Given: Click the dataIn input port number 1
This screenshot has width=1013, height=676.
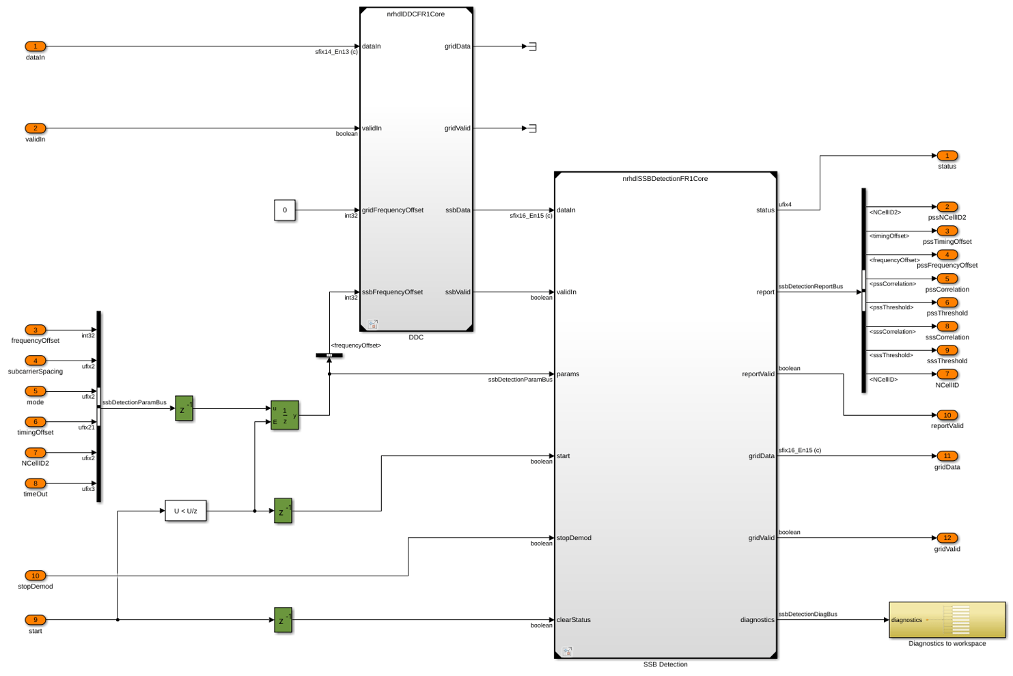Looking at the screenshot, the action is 36,46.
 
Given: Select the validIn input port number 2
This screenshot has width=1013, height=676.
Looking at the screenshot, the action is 36,128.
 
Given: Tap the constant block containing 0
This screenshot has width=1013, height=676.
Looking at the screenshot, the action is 284,210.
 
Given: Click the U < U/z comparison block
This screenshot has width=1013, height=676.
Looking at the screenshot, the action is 185,511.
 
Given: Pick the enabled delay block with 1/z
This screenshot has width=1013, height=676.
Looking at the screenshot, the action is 284,415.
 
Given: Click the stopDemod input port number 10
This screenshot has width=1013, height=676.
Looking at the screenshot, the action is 36,576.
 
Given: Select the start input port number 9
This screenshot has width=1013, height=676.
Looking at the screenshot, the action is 36,619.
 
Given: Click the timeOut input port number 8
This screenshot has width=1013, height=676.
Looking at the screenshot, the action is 36,483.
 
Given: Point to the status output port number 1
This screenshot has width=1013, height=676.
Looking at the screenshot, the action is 947,156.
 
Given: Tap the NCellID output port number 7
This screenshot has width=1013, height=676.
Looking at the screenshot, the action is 947,374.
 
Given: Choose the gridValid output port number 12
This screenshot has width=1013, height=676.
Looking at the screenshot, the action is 947,537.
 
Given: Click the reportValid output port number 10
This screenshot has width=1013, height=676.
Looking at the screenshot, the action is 947,415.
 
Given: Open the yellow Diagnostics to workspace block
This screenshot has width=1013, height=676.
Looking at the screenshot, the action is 947,620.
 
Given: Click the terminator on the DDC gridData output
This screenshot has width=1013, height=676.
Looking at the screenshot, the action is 532,46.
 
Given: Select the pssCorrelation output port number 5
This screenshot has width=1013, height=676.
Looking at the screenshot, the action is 947,279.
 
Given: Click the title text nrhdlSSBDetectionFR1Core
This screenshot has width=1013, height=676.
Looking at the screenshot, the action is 665,179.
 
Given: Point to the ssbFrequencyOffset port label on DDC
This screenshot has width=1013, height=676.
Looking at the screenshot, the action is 392,292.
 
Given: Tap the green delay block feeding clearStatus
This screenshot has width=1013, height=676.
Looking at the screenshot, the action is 283,620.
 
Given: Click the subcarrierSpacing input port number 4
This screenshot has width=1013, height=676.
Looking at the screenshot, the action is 36,361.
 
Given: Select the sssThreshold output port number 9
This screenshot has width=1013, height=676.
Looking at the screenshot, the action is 947,350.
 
